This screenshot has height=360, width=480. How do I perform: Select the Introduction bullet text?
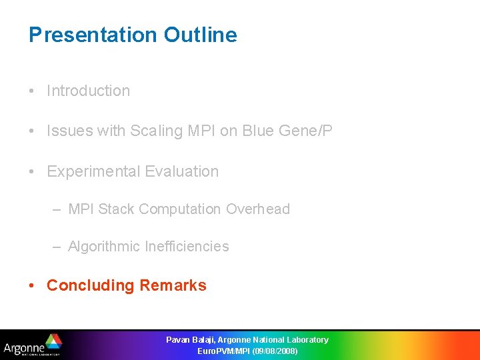pos(88,91)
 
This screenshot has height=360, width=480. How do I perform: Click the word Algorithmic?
pos(104,247)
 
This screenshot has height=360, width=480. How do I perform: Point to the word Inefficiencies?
pos(187,247)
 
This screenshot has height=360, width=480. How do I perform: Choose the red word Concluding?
pos(91,286)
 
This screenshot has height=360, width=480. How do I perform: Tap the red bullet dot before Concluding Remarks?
pos(32,286)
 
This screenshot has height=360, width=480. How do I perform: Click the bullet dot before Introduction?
pos(32,91)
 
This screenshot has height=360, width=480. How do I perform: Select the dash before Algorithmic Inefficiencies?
pos(58,247)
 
